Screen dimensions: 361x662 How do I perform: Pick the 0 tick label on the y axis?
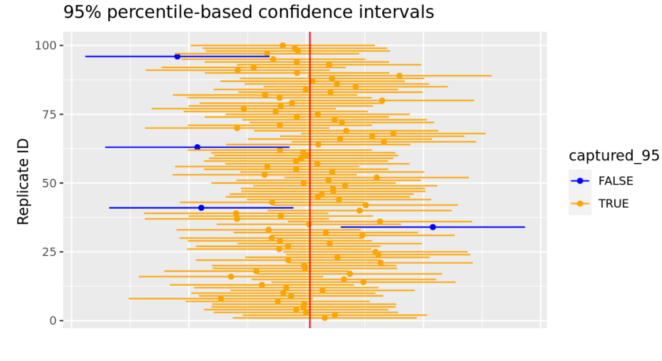[x=52, y=320]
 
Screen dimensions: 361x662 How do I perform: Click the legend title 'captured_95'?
[x=614, y=156]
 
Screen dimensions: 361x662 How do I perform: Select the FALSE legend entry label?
[x=615, y=181]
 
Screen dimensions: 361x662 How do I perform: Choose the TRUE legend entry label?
[x=613, y=203]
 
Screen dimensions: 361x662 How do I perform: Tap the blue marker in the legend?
[x=580, y=181]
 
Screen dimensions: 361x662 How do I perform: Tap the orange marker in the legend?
[x=580, y=203]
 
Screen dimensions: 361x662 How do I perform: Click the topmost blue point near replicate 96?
[x=177, y=56]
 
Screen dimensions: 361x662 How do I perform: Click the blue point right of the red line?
[x=433, y=227]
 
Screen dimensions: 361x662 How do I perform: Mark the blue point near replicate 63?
[x=197, y=147]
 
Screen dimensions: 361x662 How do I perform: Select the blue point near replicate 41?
[x=201, y=208]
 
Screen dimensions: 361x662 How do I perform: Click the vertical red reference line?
[x=310, y=172]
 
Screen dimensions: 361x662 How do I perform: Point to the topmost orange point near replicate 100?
[x=283, y=45]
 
